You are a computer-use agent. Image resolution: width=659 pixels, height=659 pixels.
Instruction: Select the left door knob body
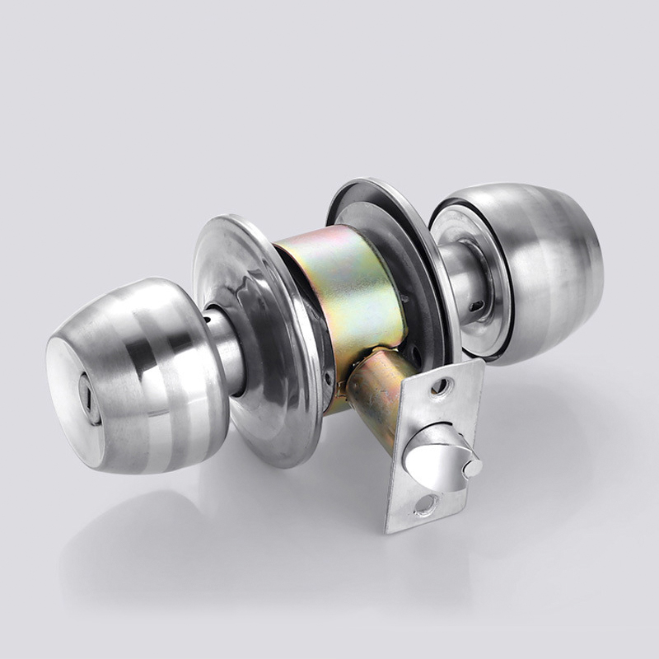tap(157, 371)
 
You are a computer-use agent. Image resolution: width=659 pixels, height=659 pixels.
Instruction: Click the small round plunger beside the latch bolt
tap(472, 468)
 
